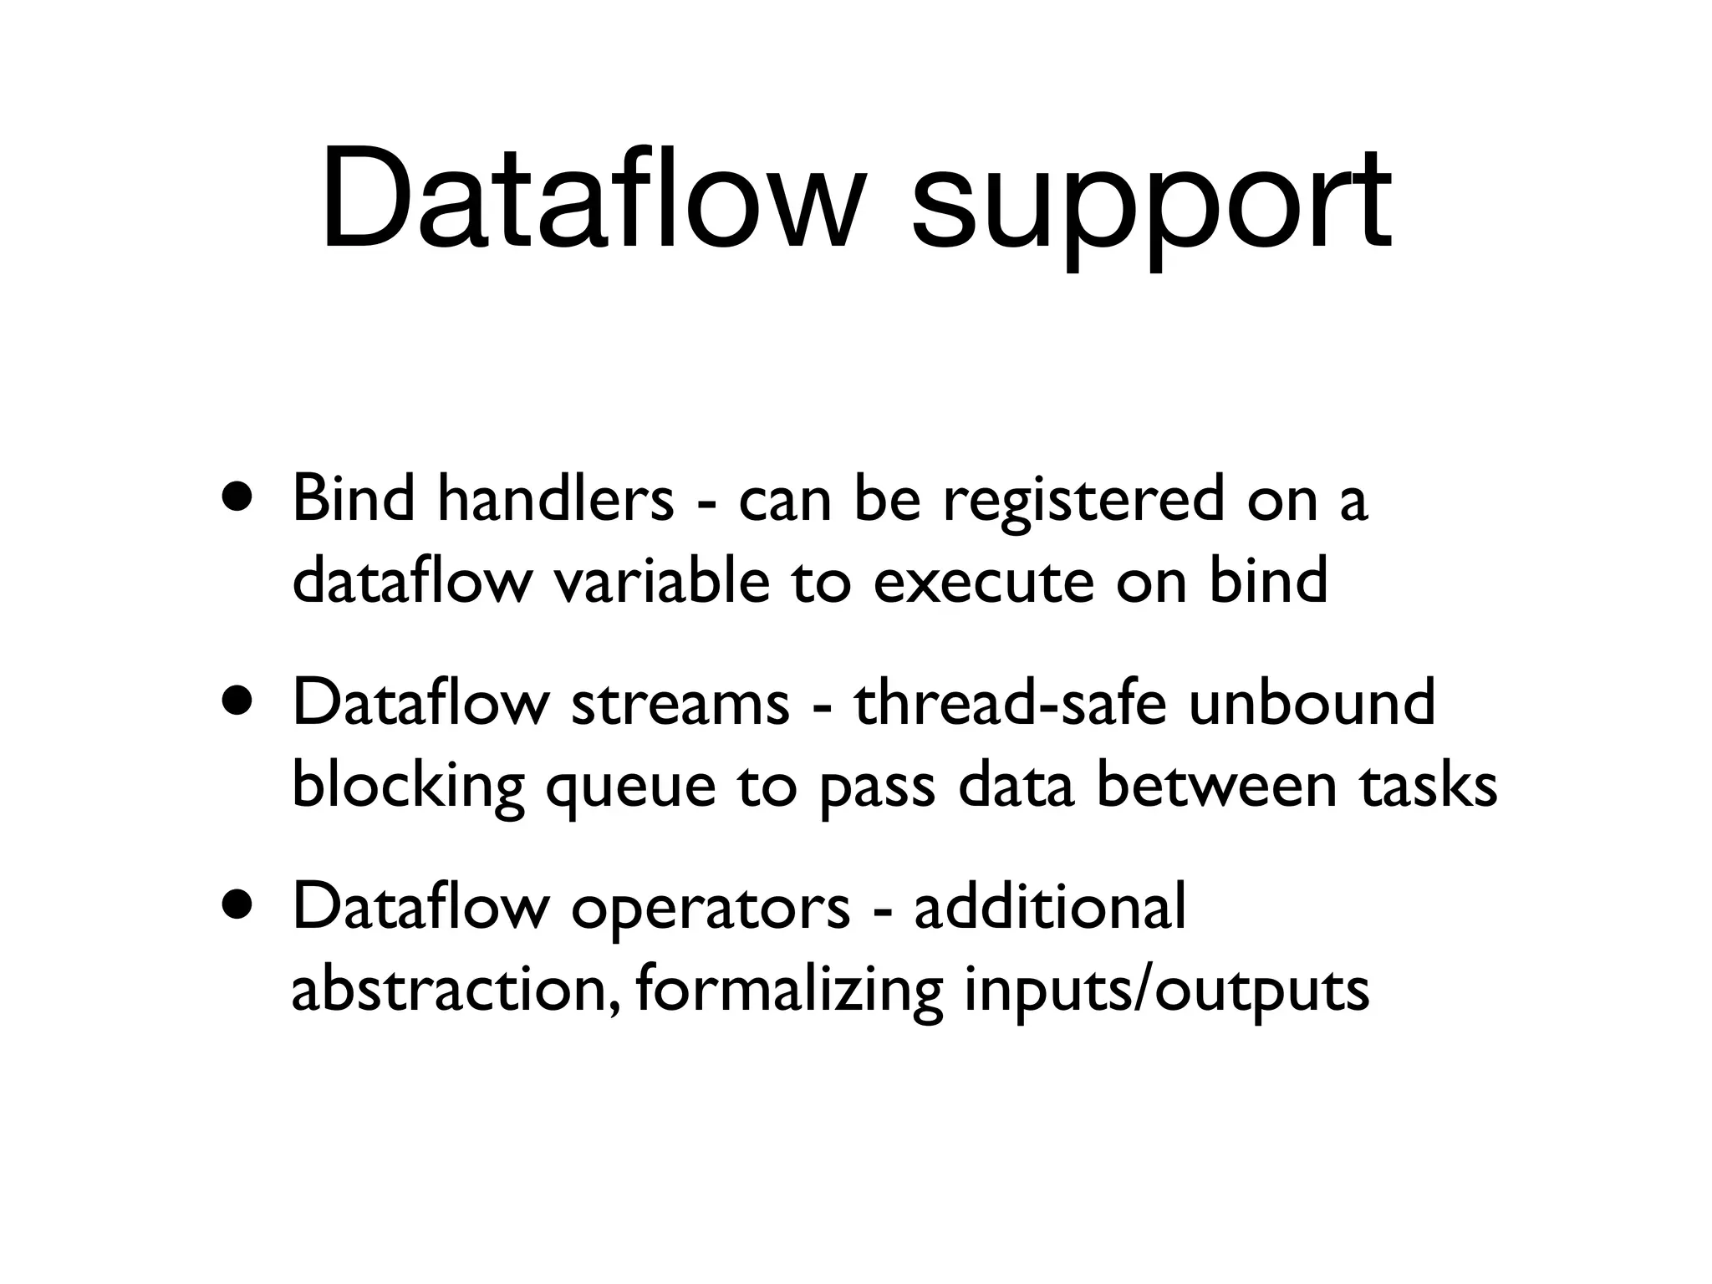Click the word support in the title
pos(1151,205)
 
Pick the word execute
pos(983,583)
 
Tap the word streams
pos(680,703)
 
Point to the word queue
pos(631,788)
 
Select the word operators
pos(711,909)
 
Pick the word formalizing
pos(789,992)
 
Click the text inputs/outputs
pos(1167,992)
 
